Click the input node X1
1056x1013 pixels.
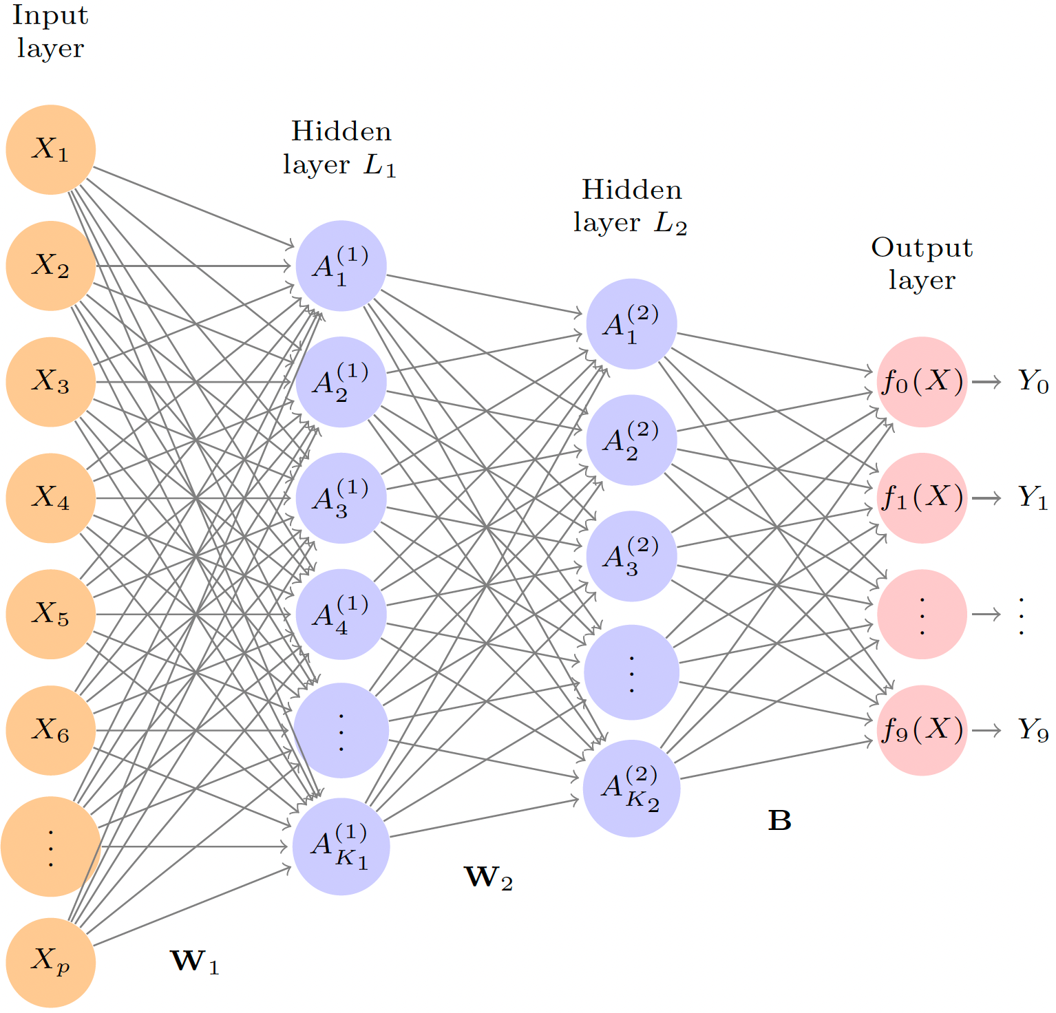50,149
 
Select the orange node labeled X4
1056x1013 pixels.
50,498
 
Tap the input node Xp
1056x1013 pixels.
50,962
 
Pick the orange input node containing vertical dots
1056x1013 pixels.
50,846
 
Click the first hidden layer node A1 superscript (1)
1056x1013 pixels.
341,266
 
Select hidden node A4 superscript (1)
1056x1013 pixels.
341,614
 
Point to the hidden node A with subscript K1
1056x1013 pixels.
341,846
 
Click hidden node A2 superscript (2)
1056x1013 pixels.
631,440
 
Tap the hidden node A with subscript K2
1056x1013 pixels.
631,788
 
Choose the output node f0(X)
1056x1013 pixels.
922,381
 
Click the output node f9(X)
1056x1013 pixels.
922,730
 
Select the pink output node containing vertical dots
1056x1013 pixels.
922,614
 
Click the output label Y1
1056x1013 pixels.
1033,497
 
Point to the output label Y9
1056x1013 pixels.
1033,729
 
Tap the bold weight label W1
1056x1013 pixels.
194,961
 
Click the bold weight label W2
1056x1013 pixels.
488,877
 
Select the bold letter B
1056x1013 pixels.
779,820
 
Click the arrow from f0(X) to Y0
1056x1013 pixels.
986,382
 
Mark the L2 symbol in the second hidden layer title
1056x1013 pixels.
670,224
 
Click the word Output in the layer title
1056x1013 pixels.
922,248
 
